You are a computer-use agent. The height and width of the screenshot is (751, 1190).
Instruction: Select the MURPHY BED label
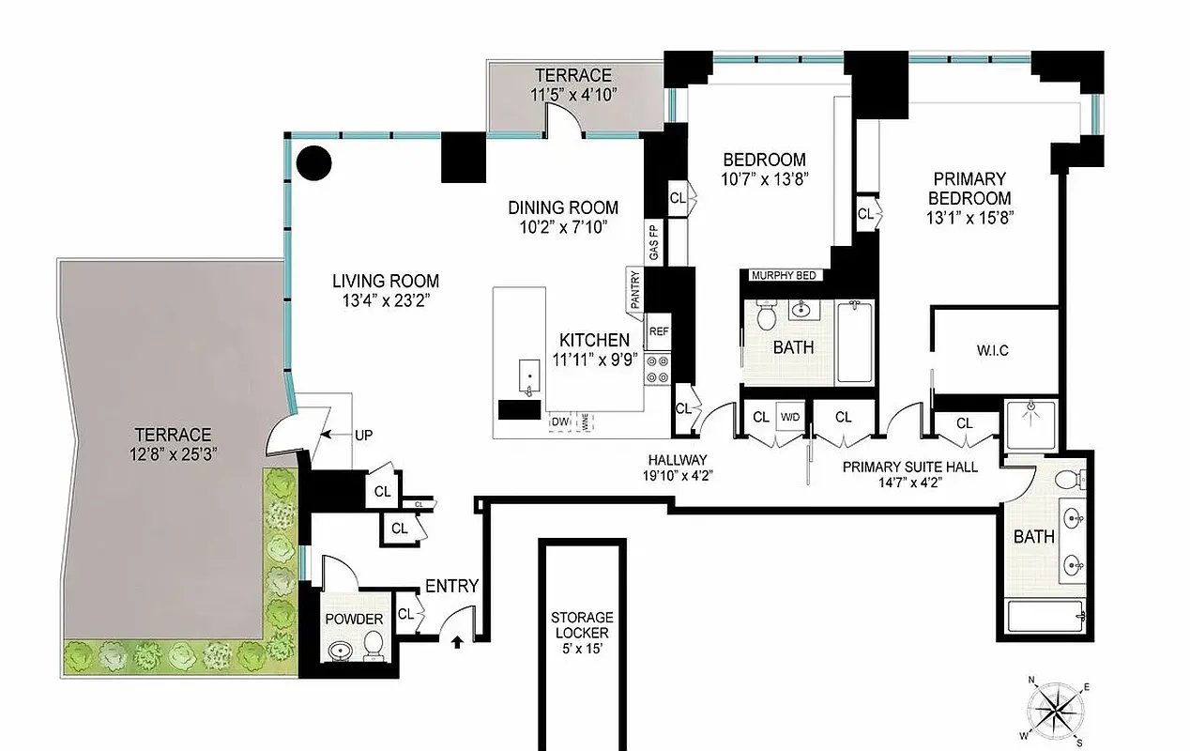coord(786,275)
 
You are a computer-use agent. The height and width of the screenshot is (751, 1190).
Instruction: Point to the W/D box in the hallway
coord(790,417)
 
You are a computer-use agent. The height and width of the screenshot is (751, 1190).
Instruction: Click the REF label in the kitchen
coord(658,331)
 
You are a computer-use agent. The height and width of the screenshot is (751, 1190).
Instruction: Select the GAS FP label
coord(654,243)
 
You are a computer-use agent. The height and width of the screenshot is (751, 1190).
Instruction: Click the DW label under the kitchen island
coord(560,422)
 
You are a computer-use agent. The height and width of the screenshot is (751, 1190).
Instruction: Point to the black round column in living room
coord(313,163)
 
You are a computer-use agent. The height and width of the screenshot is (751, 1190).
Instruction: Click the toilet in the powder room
coord(373,645)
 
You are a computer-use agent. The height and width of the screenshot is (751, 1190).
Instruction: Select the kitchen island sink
coord(528,376)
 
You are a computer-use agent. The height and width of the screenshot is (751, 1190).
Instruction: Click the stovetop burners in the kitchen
coord(657,368)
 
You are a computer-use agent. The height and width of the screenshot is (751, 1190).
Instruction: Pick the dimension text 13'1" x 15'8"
coord(969,217)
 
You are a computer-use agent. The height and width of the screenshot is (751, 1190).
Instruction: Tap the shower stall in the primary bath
coord(1030,423)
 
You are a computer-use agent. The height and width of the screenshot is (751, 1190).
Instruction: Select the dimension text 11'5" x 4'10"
coord(572,95)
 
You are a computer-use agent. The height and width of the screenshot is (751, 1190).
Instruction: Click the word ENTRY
coord(451,587)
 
